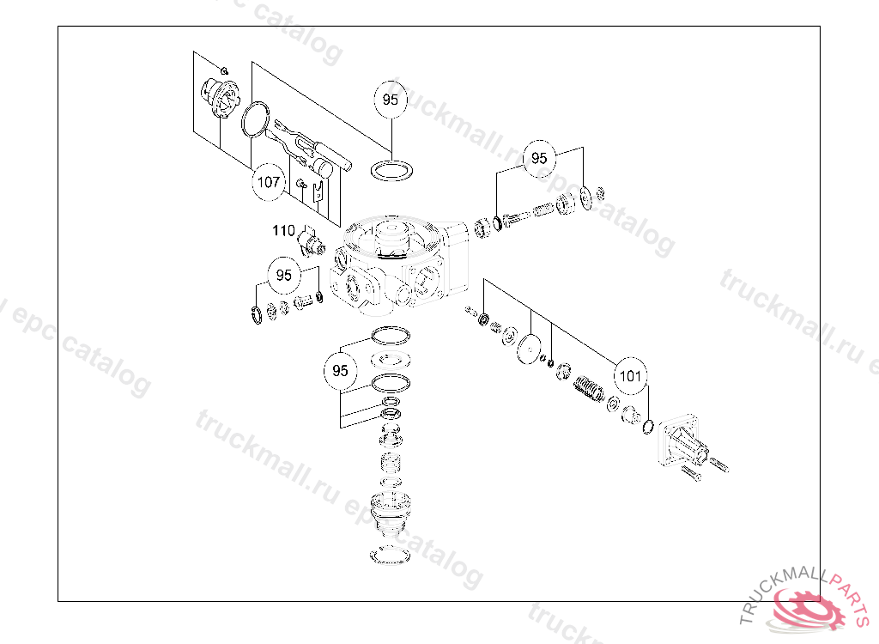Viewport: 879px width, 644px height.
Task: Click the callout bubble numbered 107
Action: pyautogui.click(x=269, y=182)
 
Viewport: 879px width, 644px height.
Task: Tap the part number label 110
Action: pyautogui.click(x=283, y=230)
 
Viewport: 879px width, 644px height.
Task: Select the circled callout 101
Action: pyautogui.click(x=630, y=375)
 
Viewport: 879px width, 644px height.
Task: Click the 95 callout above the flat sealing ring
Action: pyautogui.click(x=391, y=100)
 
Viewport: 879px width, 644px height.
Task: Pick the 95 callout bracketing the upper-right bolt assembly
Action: pyautogui.click(x=539, y=158)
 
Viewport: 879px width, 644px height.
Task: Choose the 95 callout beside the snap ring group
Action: pyautogui.click(x=283, y=276)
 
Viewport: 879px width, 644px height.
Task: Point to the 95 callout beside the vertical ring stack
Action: pyautogui.click(x=341, y=371)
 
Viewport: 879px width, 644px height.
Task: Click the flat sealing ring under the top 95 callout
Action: pyautogui.click(x=391, y=169)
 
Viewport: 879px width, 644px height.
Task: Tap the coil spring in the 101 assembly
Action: pyautogui.click(x=591, y=389)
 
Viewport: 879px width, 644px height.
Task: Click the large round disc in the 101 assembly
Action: pyautogui.click(x=531, y=351)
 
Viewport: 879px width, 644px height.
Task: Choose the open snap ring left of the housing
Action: pyautogui.click(x=257, y=315)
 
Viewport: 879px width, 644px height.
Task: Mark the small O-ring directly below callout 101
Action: pyautogui.click(x=648, y=426)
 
